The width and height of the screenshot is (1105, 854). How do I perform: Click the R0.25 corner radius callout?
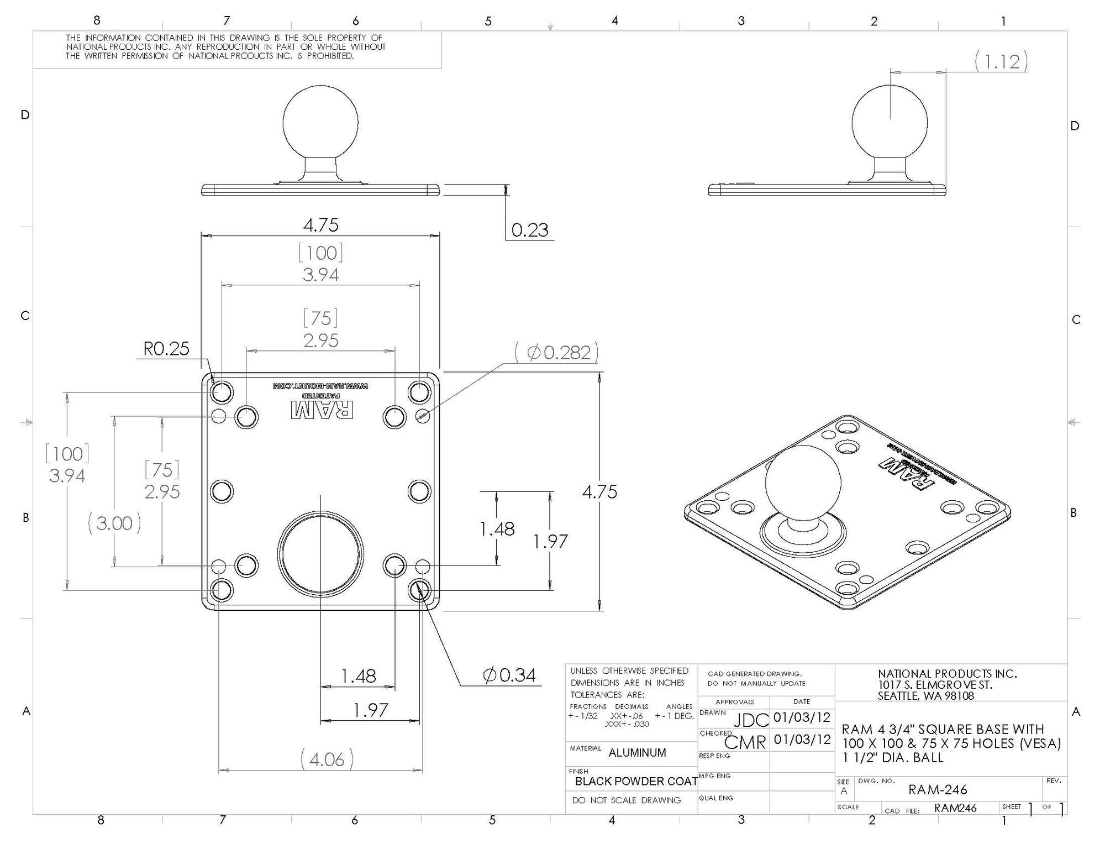(x=166, y=349)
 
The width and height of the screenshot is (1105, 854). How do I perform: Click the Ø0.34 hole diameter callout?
(x=509, y=675)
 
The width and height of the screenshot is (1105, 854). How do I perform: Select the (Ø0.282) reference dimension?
(x=556, y=353)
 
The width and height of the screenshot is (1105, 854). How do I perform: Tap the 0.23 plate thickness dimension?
(x=529, y=230)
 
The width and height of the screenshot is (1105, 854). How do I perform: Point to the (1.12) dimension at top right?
(x=1001, y=61)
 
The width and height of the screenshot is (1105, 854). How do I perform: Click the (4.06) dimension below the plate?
(x=327, y=759)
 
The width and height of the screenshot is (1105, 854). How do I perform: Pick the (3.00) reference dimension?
(x=114, y=523)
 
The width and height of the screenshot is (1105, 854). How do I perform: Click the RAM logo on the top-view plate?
(x=322, y=410)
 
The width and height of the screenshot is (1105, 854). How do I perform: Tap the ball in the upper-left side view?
(x=320, y=122)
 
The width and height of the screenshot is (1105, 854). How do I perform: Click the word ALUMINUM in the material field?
(x=637, y=752)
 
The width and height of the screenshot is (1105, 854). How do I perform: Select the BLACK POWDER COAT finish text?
(x=635, y=781)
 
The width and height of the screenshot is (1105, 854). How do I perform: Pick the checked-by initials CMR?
(x=745, y=742)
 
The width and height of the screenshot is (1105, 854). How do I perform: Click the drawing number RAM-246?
(x=938, y=790)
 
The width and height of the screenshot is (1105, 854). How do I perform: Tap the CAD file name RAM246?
(x=955, y=808)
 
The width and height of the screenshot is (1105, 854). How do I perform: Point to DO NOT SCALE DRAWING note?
(x=627, y=800)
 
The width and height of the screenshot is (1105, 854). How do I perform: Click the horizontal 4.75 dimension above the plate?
(x=320, y=226)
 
